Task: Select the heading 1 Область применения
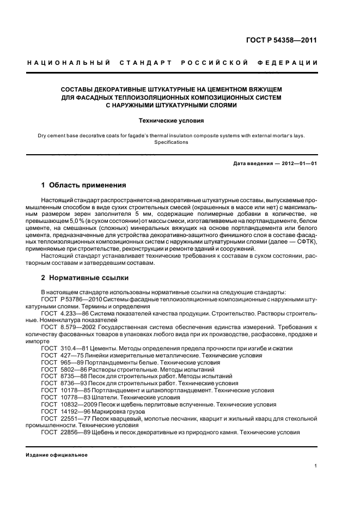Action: click(84, 185)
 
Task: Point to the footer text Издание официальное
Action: click(57, 454)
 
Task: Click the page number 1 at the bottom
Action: click(316, 465)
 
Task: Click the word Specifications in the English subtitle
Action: click(171, 142)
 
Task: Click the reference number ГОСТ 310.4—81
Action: click(62, 348)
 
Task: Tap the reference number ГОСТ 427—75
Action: click(60, 355)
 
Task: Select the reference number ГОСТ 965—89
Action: click(60, 362)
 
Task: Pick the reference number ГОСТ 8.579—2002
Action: click(65, 327)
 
